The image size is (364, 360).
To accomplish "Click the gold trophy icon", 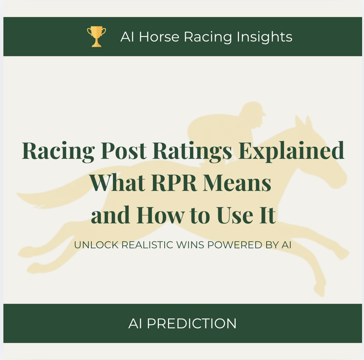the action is tap(96, 37).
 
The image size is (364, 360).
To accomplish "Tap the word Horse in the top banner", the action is tap(159, 37).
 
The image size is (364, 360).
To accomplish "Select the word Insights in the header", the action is tap(264, 37).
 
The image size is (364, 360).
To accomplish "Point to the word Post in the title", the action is tap(123, 150).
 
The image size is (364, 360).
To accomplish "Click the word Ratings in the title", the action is tap(192, 151).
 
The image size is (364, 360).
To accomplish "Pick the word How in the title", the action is tap(160, 215).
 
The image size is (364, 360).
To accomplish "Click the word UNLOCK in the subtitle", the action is tap(96, 245).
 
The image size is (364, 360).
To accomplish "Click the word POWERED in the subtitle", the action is tap(235, 245).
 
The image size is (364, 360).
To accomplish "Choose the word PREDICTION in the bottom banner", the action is tap(192, 323).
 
